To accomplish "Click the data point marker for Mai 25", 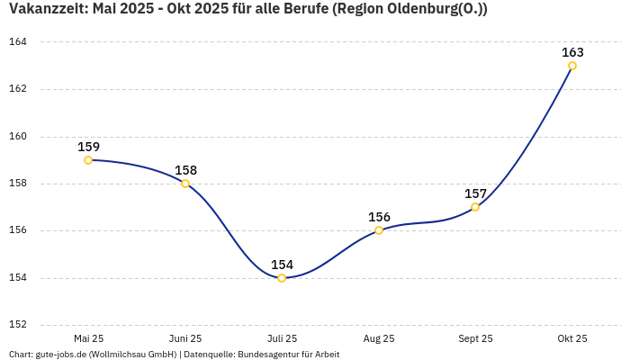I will click(88, 160).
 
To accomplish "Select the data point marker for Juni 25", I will click(185, 184).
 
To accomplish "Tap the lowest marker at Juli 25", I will click(282, 278).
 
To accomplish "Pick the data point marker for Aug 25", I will click(379, 230).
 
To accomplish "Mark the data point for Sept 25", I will click(475, 207).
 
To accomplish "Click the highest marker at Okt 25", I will click(572, 66).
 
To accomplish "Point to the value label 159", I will click(88, 147).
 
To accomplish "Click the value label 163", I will click(572, 52).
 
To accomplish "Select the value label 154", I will click(282, 265).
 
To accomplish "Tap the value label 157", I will click(475, 193).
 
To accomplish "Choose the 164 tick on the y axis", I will click(18, 42).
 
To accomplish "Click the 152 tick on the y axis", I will click(18, 325).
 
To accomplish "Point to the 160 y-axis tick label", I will click(18, 137).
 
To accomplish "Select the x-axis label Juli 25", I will click(282, 338).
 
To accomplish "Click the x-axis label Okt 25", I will click(572, 338).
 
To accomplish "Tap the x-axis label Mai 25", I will click(88, 338).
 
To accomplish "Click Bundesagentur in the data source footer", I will click(265, 355).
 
